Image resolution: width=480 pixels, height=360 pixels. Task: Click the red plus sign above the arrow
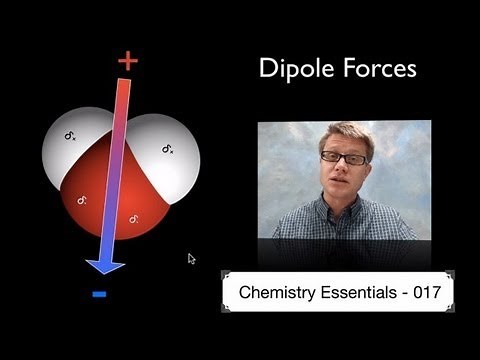point(127,61)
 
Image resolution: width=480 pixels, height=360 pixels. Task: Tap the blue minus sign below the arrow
point(99,293)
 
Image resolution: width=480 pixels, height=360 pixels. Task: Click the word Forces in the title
point(380,68)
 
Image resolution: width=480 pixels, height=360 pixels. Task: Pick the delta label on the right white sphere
point(168,150)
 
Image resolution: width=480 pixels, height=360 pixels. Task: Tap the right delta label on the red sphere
point(133,217)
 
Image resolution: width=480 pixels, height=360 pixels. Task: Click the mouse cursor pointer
point(191,258)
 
